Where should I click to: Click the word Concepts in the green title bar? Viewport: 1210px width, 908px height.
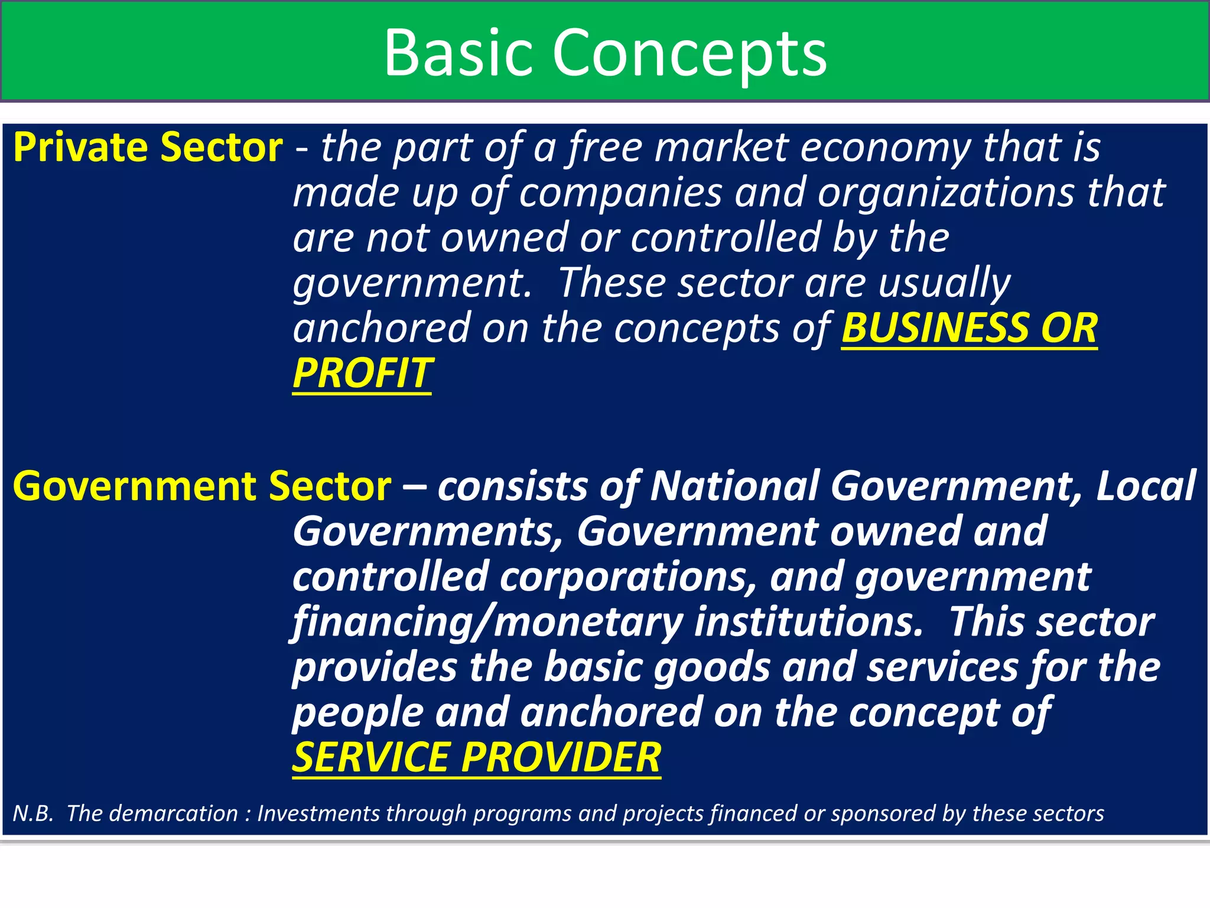[689, 54]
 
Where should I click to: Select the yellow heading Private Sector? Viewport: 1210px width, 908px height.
[148, 148]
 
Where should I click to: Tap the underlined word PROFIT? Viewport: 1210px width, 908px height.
[362, 374]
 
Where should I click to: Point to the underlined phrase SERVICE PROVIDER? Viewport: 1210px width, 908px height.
[476, 758]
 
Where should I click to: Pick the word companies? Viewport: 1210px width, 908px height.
[620, 193]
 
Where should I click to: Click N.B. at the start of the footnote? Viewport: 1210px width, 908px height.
[33, 814]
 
